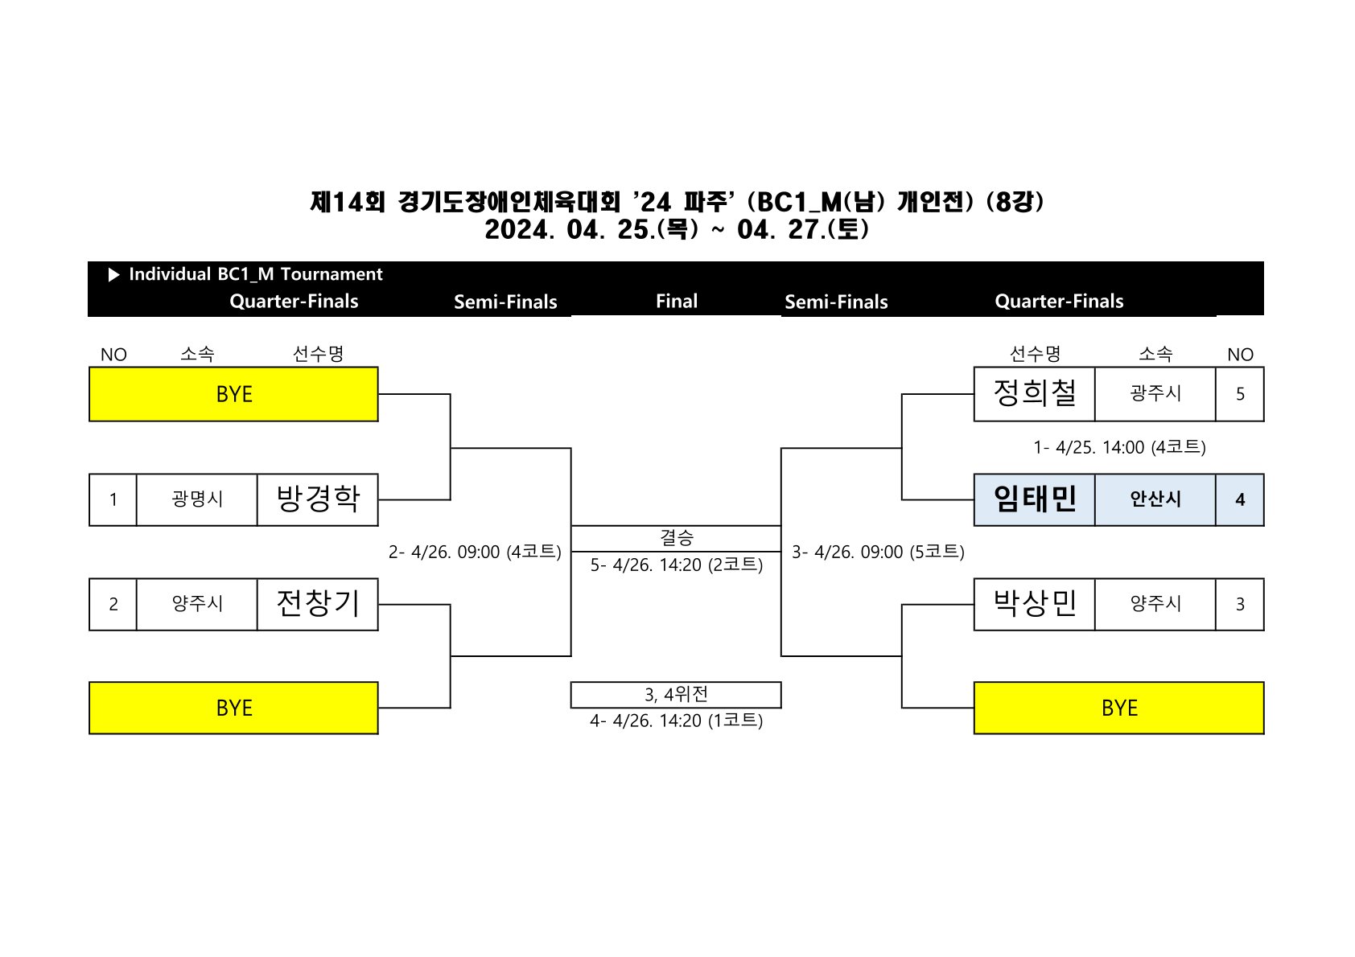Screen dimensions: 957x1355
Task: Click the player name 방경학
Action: tap(317, 499)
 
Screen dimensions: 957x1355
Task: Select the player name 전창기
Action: tap(317, 604)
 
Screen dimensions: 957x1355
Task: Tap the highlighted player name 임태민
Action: tap(1034, 499)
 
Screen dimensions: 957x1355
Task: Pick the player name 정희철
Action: tap(1034, 394)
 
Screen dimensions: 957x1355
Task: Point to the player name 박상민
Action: tap(1034, 604)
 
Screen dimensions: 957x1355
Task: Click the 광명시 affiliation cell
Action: tap(197, 499)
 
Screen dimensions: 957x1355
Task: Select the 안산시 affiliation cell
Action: tap(1155, 499)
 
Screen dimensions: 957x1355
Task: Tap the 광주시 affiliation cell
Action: tap(1155, 394)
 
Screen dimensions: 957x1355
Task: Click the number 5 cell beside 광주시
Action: tap(1239, 394)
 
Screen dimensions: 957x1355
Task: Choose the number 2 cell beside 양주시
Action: tap(113, 604)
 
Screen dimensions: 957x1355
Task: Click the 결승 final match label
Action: tap(676, 538)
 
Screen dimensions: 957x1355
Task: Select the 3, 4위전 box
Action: tap(676, 695)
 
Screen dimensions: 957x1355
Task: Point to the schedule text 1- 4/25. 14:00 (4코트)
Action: tap(1119, 447)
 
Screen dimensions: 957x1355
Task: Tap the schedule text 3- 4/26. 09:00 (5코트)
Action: tap(878, 552)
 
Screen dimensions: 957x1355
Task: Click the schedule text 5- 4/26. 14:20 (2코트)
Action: tap(676, 565)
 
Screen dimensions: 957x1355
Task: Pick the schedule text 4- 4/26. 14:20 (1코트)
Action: tap(676, 721)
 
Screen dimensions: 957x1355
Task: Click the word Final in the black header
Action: tap(676, 302)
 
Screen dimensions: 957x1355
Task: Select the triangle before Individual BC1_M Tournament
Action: tap(113, 275)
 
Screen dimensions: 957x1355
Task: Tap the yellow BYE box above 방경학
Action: tap(233, 394)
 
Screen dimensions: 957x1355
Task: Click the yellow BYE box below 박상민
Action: tap(1118, 708)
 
